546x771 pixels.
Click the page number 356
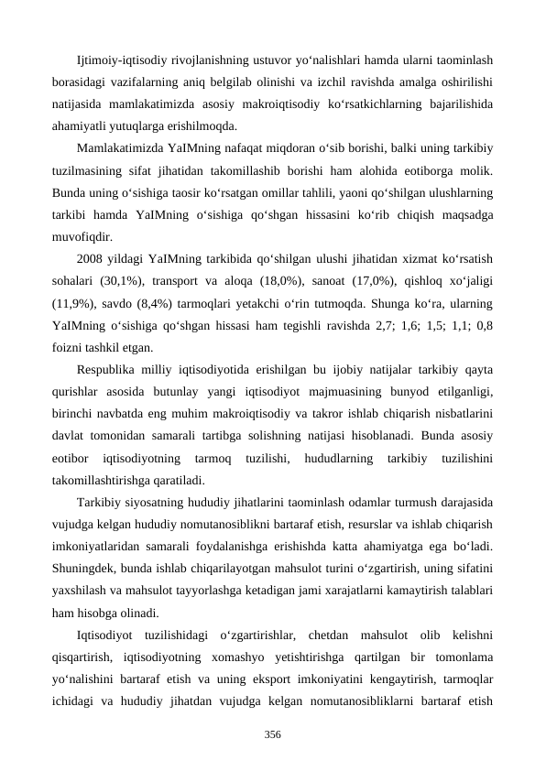click(x=272, y=734)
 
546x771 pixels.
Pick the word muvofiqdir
click(x=80, y=236)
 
